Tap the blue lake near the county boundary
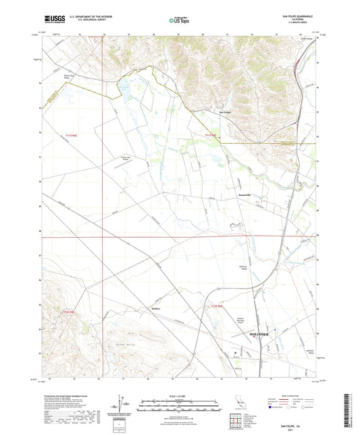point(124,86)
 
